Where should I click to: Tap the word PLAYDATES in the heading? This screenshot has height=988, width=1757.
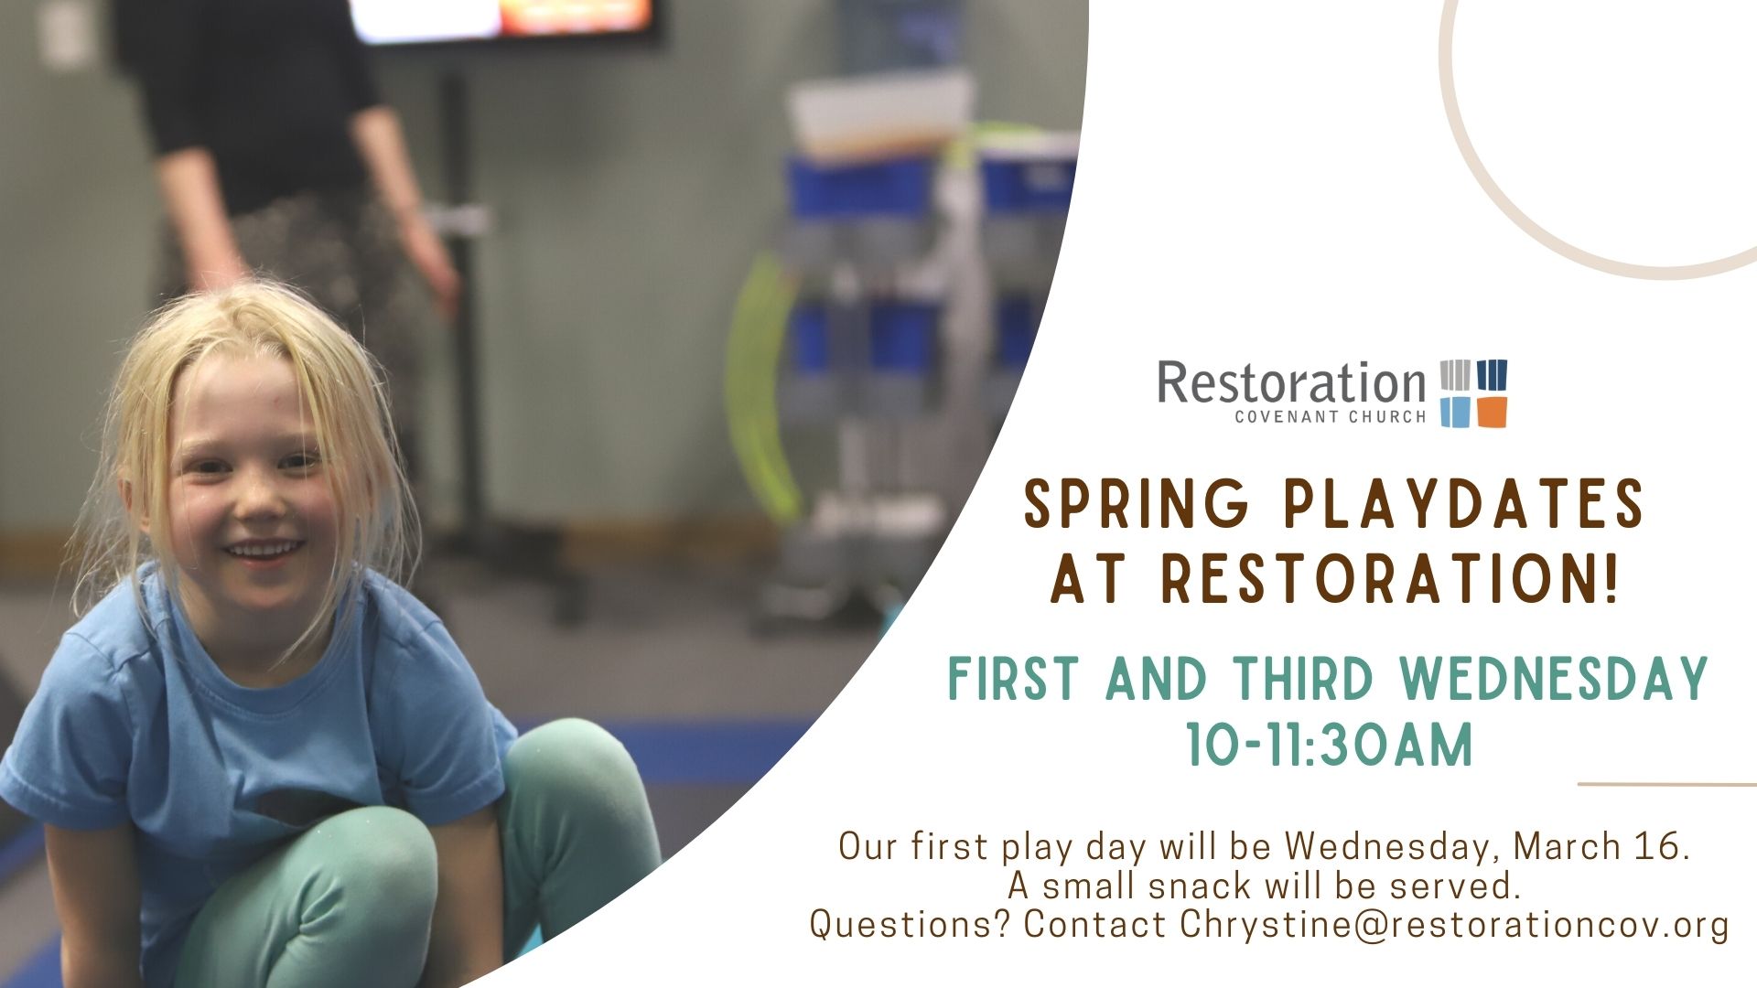(1464, 504)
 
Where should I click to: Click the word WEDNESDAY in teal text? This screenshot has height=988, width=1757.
(1555, 678)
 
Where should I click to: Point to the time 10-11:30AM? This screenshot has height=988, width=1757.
(1330, 744)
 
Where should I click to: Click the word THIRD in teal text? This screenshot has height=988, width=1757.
(1305, 678)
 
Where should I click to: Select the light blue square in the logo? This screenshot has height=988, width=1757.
(1455, 412)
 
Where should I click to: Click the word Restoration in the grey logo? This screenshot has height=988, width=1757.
(1291, 383)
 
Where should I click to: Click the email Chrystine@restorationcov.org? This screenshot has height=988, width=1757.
(1455, 924)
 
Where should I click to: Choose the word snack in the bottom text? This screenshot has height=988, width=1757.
(1200, 886)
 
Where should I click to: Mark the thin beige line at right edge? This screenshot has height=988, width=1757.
(1667, 784)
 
